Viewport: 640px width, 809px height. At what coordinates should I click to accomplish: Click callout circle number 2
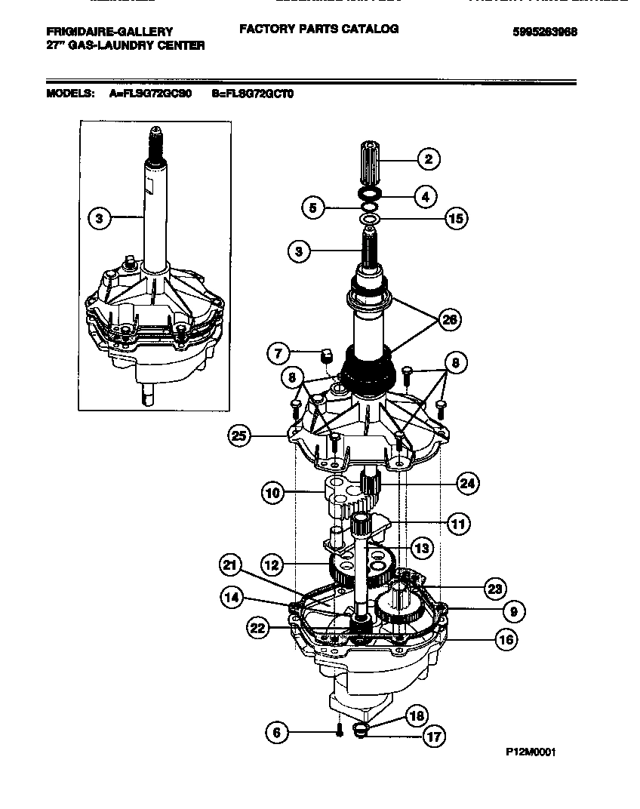(428, 158)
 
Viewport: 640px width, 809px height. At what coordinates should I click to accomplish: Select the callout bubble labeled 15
(454, 219)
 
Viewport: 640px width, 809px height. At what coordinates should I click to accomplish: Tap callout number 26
(450, 319)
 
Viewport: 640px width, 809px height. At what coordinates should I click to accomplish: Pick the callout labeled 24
(468, 483)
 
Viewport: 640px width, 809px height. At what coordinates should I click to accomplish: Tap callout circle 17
(433, 736)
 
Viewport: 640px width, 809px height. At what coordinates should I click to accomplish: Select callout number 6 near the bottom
(277, 731)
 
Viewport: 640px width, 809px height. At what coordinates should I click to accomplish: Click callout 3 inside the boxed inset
(98, 219)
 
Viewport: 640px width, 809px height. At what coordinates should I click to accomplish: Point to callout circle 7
(278, 352)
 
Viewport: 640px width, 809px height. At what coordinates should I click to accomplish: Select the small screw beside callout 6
(339, 729)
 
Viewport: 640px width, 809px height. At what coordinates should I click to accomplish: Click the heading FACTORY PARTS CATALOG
(318, 29)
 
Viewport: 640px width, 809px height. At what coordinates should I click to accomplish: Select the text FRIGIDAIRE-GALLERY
(109, 32)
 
